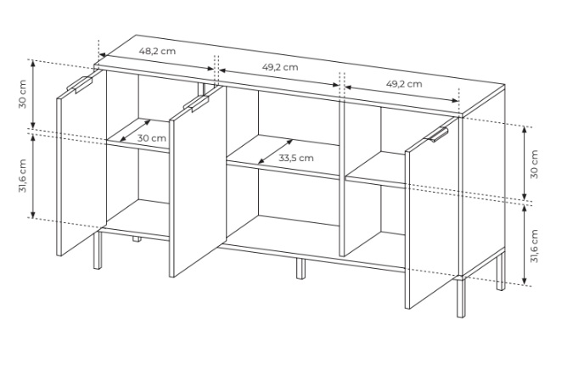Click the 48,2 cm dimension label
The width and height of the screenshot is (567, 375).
[157, 51]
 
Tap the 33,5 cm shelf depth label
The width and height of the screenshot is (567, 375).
[296, 158]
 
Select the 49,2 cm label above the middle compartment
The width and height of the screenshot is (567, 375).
[280, 67]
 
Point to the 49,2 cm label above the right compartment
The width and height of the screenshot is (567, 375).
[404, 84]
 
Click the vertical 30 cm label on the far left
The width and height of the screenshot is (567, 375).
[22, 94]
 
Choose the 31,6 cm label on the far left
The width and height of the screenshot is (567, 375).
[22, 176]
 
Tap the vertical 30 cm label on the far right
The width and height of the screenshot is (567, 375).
[534, 164]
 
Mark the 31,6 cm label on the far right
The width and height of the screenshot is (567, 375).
[534, 246]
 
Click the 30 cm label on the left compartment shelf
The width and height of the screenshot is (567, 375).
[152, 138]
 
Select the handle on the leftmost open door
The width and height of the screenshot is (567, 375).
[80, 84]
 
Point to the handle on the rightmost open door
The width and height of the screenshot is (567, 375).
[438, 134]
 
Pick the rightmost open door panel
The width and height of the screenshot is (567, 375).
[432, 213]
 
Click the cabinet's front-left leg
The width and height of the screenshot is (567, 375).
[97, 250]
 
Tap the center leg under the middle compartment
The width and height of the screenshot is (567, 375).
[300, 268]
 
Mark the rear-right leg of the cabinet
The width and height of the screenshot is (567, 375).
[501, 271]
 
